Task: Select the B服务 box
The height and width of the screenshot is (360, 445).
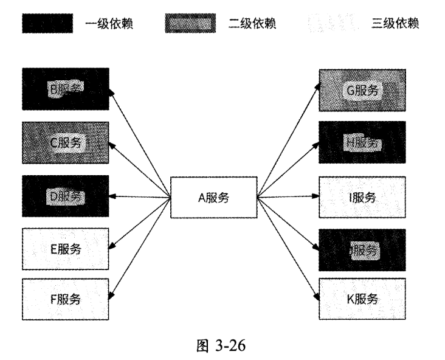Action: (66, 90)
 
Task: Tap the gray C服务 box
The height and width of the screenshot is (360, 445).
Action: (66, 144)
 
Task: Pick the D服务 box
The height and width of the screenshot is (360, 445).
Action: (66, 197)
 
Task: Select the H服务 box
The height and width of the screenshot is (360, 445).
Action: (362, 144)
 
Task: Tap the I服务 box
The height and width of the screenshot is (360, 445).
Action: (362, 197)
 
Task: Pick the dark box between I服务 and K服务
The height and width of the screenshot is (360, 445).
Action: (362, 249)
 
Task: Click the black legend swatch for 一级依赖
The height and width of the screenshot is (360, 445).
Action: (48, 24)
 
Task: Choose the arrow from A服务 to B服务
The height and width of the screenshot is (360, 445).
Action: (140, 143)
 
